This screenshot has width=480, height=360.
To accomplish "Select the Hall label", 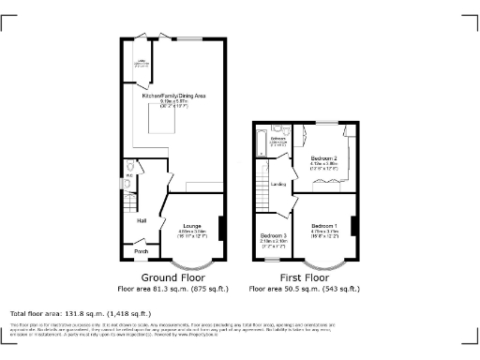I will (x=142, y=220).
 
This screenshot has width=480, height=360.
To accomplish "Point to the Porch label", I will (x=142, y=251).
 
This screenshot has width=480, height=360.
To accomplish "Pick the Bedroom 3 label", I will (x=273, y=234).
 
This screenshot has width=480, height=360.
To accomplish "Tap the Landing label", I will (x=278, y=184).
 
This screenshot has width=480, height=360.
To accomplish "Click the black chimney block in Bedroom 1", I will (x=353, y=226).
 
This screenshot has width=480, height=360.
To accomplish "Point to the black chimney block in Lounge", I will (x=221, y=228).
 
